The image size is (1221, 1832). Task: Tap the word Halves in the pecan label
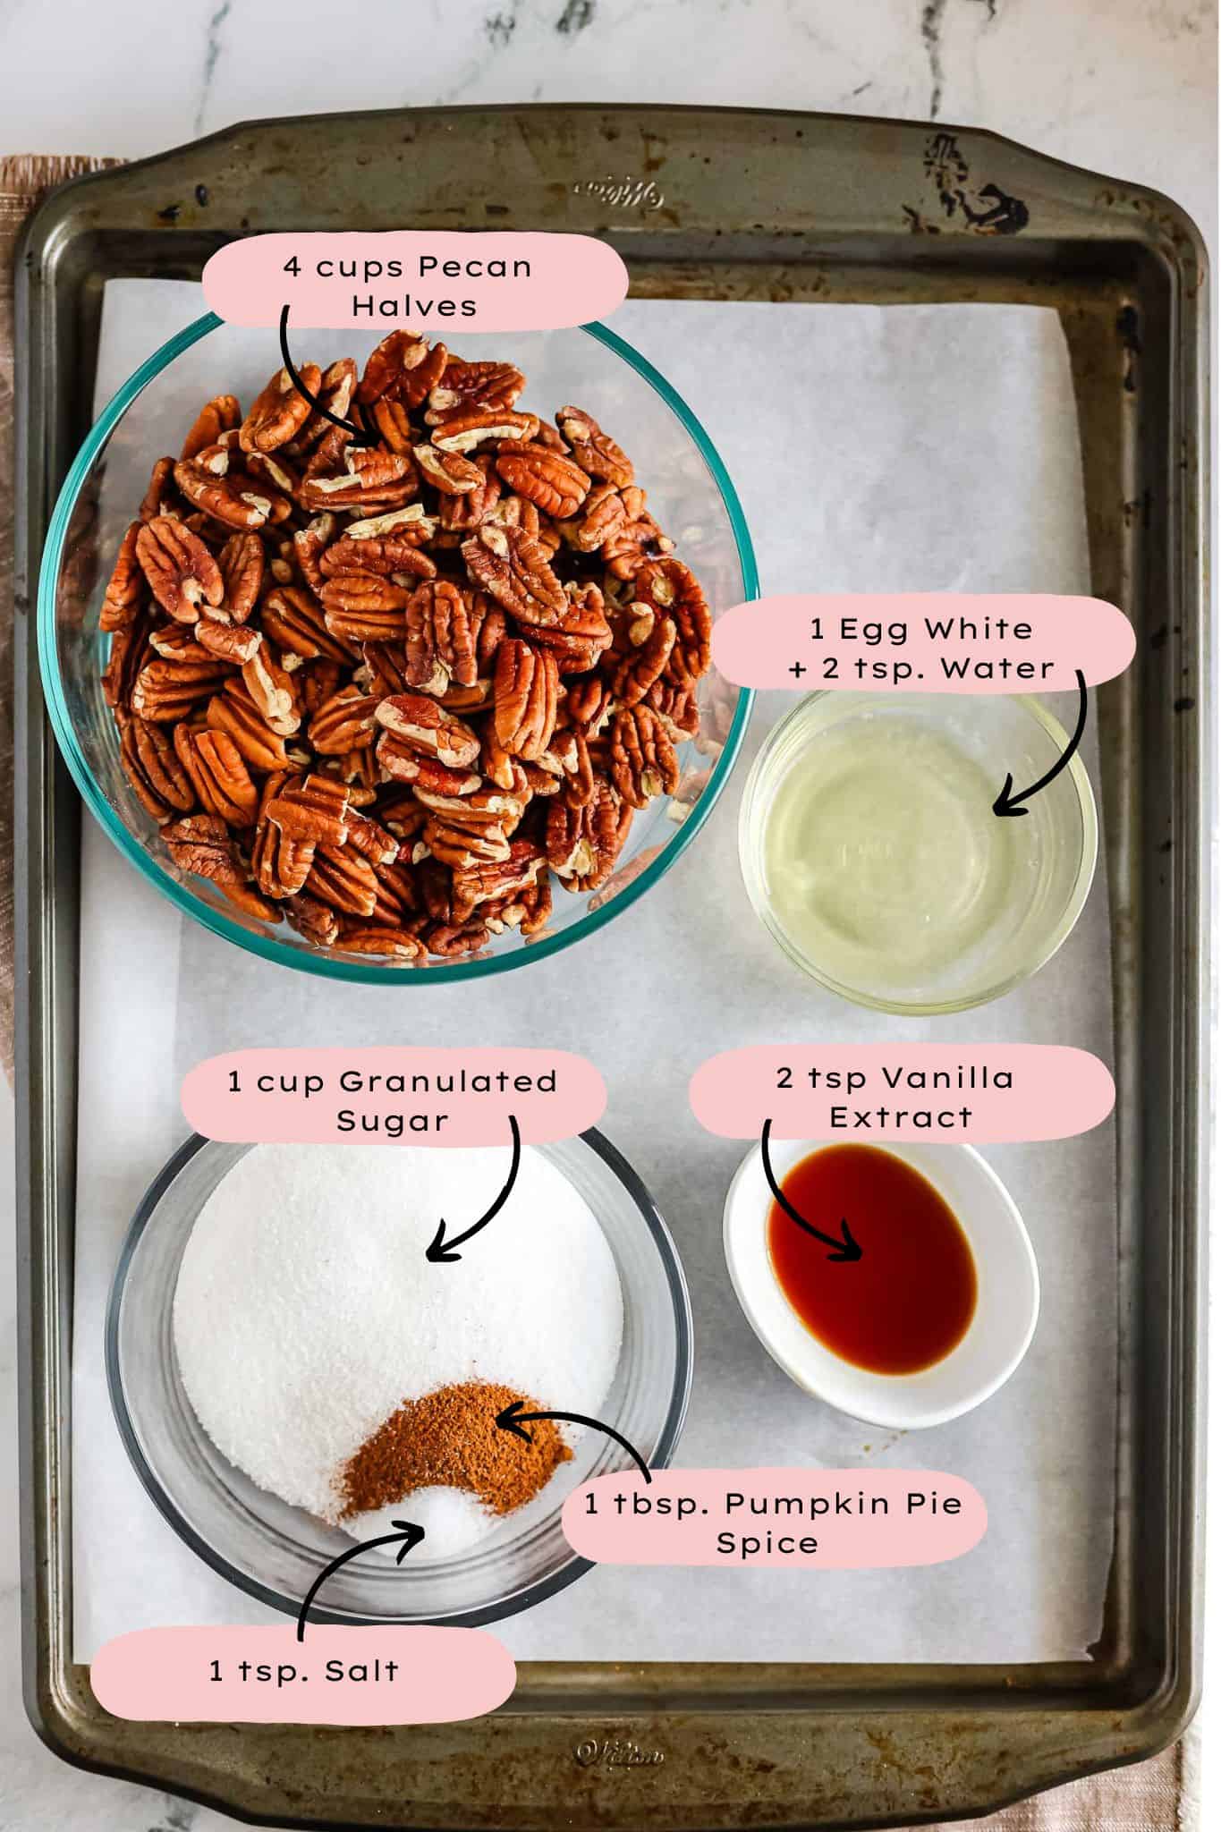[x=414, y=306]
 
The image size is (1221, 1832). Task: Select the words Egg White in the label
[x=935, y=630]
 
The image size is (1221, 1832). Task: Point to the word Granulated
[x=448, y=1081]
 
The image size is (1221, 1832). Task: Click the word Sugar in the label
[x=393, y=1122]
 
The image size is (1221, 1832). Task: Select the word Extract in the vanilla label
[x=901, y=1117]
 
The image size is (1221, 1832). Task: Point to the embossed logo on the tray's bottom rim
[x=619, y=1754]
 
